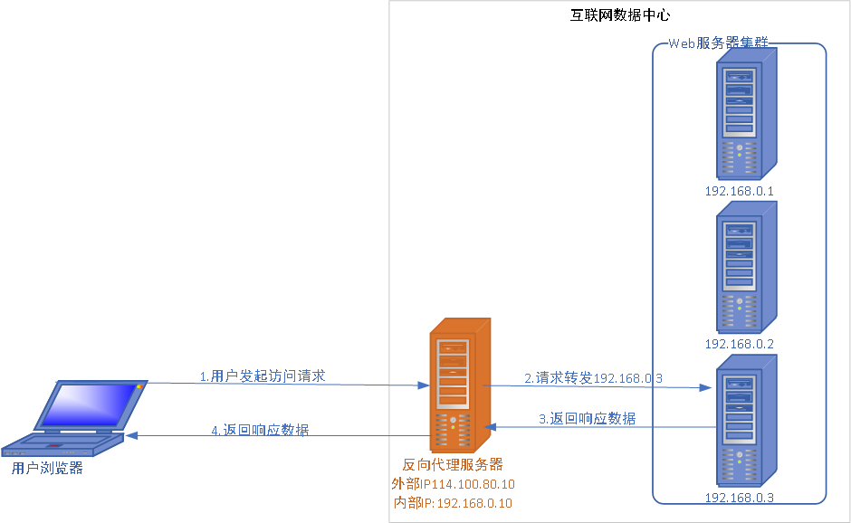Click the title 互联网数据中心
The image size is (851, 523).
click(x=620, y=16)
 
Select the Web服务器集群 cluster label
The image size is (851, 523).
click(x=718, y=43)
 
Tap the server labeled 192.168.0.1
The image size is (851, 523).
click(x=746, y=112)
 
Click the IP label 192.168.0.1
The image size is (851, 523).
click(x=740, y=191)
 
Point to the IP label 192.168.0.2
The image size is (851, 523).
click(x=740, y=344)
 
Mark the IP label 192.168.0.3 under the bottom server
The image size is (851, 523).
click(x=740, y=498)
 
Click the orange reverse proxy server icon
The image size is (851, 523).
click(x=458, y=385)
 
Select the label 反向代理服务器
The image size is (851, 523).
click(x=453, y=465)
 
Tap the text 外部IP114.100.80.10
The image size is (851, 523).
click(x=453, y=484)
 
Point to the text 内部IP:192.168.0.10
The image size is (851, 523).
click(x=453, y=503)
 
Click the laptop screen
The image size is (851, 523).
click(x=88, y=404)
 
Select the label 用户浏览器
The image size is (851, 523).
click(x=47, y=468)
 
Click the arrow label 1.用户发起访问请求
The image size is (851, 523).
click(x=262, y=376)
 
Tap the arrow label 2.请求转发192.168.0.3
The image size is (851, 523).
click(x=593, y=377)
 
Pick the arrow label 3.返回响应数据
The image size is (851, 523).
click(x=587, y=418)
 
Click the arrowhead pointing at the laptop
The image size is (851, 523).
click(x=131, y=436)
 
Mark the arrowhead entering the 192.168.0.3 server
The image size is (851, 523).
click(x=707, y=387)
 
